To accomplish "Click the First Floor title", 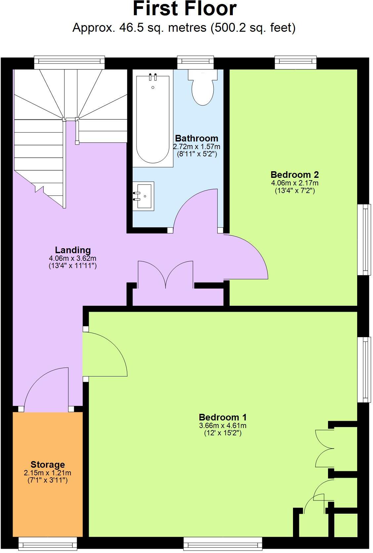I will click(x=185, y=9).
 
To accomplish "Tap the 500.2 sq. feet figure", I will click(x=253, y=28).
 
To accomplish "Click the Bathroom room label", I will click(x=196, y=138).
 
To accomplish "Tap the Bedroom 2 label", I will click(x=294, y=175).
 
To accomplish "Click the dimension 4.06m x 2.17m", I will click(x=294, y=183).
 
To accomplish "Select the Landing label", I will click(x=73, y=250).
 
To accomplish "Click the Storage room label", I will click(x=48, y=464).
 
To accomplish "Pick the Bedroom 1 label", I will click(x=223, y=417).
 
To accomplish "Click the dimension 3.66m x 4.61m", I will click(x=223, y=426).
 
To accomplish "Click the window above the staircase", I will click(x=69, y=62).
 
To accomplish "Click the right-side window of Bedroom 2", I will click(x=364, y=240).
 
